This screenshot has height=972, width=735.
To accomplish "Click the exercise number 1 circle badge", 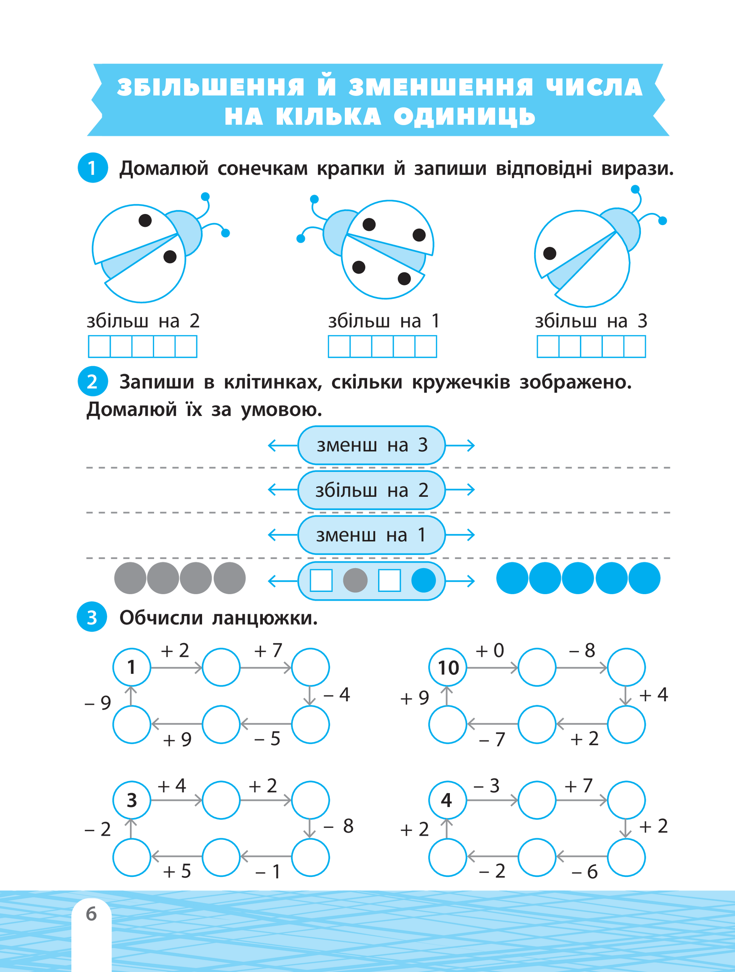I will coord(92,168).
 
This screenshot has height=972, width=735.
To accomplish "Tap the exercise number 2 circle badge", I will coord(92,381).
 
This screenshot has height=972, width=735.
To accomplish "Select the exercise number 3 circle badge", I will coord(92,617).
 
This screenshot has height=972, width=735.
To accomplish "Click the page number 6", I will coord(91,913).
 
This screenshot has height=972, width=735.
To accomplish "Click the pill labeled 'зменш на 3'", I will coord(371,445).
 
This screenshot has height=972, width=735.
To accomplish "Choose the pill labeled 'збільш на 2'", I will coord(371,490).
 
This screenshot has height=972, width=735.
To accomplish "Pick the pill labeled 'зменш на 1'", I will coord(371,535).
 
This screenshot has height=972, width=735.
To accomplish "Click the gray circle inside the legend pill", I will coord(355,580).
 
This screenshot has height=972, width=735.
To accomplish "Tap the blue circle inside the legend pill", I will coord(423,580).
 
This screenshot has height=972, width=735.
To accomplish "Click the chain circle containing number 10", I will coord(448,667).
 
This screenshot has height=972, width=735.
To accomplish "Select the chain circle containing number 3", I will coord(132,800).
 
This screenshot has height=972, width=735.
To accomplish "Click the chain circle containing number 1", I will coord(132,667).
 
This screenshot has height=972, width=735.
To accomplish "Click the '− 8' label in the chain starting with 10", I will coord(582,650).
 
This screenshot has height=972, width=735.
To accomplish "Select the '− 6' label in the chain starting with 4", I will coord(585,871).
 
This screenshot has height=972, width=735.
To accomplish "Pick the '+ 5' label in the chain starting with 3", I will coord(177,871).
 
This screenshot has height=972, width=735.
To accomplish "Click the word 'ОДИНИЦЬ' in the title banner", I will coord(464,117).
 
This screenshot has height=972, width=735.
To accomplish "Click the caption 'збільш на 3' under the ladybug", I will coord(591,322).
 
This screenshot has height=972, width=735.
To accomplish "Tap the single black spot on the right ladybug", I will coord(550,253).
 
